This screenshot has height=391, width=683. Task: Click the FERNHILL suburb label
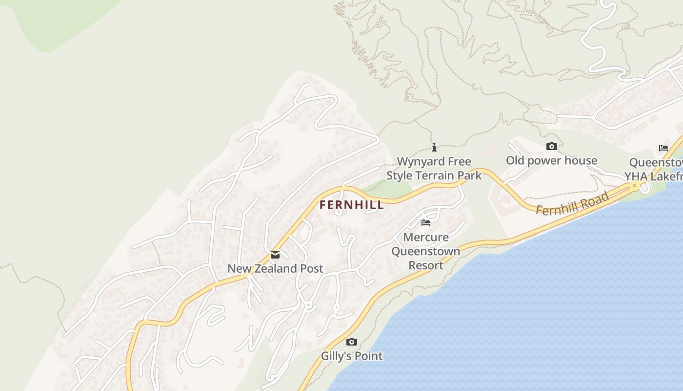[x=351, y=205]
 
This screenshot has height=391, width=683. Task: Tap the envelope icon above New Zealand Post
[x=275, y=255]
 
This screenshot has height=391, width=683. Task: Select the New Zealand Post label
[x=275, y=268]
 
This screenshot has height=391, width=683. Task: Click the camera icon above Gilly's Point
[x=351, y=342]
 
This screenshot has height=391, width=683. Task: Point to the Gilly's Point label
[x=351, y=356]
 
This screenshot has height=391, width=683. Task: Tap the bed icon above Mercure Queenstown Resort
[x=426, y=223]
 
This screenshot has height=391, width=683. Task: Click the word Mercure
[x=426, y=238]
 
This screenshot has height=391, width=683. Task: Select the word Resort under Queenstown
[x=426, y=265]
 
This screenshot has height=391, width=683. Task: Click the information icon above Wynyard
[x=434, y=147]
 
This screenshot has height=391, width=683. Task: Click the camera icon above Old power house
[x=552, y=147]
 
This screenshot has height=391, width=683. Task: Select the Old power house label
[x=551, y=160]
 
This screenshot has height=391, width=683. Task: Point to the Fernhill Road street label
[x=572, y=203]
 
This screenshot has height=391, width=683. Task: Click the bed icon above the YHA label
[x=663, y=148]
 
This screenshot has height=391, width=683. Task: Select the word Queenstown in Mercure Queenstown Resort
[x=426, y=252]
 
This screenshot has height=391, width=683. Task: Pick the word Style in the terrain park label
[x=400, y=175]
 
